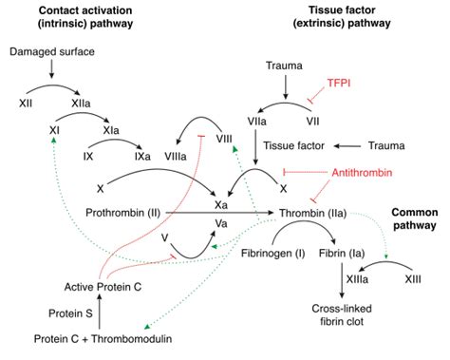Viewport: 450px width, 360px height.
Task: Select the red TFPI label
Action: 341,84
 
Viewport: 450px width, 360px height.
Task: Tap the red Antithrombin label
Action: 357,172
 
